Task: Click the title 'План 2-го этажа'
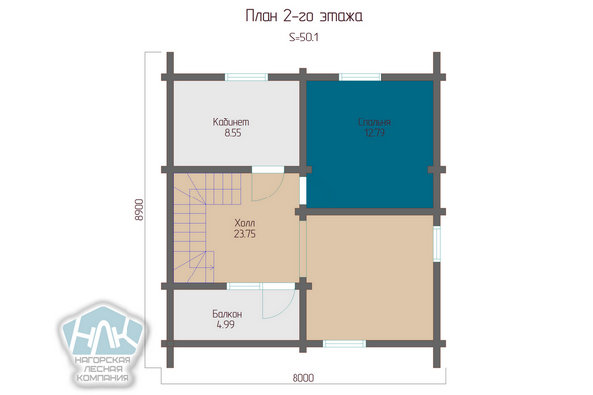[x=304, y=16]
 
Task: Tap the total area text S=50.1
[x=303, y=38]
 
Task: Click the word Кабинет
[x=231, y=122]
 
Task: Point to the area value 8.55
[x=233, y=133]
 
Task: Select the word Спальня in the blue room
[x=375, y=122]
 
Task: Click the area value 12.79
[x=375, y=133]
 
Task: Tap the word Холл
[x=245, y=222]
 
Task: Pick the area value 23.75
[x=245, y=234]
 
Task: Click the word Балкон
[x=227, y=314]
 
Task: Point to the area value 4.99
[x=225, y=325]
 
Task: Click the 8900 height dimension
[x=139, y=210]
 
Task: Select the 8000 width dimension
[x=303, y=378]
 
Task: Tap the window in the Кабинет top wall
[x=246, y=77]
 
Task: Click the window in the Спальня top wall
[x=360, y=77]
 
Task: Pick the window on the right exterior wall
[x=437, y=244]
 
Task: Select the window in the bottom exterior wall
[x=344, y=344]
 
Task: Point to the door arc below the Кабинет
[x=276, y=193]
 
